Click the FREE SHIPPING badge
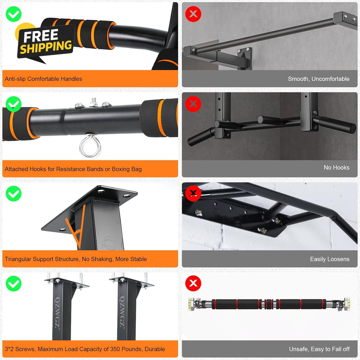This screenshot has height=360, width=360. point(45,41)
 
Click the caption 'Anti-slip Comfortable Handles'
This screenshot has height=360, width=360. point(44,79)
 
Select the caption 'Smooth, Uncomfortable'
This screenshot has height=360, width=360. point(319,79)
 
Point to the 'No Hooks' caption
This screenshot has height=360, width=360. point(337,167)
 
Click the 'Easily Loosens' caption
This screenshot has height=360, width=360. point(330,259)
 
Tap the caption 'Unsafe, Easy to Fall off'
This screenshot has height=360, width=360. point(319,349)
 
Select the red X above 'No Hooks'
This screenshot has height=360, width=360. point(193,104)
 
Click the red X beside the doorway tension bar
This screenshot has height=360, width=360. point(193,284)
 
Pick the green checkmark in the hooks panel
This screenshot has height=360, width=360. point(14,104)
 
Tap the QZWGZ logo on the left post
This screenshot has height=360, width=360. point(57,312)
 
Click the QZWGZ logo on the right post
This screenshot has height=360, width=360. point(122,312)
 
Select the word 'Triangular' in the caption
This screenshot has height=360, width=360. point(18,259)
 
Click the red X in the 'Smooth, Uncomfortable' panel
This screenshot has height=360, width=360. point(193,14)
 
